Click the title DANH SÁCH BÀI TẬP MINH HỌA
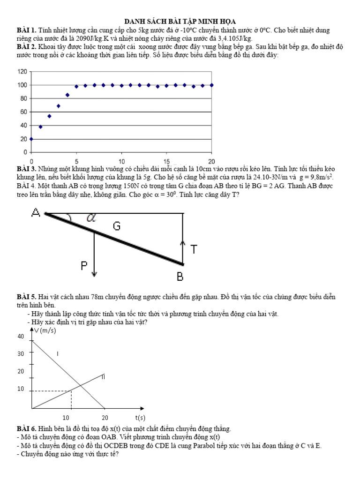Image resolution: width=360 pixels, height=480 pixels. [180, 22]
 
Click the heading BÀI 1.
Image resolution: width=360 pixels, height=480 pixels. [26, 30]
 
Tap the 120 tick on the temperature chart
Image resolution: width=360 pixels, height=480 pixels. [22, 71]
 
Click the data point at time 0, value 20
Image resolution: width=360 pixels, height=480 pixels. [31, 139]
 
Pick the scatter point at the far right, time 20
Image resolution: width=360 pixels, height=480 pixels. [211, 85]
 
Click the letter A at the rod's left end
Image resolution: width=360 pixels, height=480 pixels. [36, 213]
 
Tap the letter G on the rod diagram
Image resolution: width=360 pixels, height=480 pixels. [117, 227]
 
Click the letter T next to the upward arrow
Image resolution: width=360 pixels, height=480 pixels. [193, 249]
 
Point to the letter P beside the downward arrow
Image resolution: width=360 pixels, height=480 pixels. [84, 266]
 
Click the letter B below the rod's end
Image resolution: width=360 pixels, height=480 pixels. [180, 277]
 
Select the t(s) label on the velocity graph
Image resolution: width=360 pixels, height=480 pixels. [140, 417]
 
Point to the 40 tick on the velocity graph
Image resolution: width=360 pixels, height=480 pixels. [20, 337]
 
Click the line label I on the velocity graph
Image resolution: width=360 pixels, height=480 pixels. [57, 353]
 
